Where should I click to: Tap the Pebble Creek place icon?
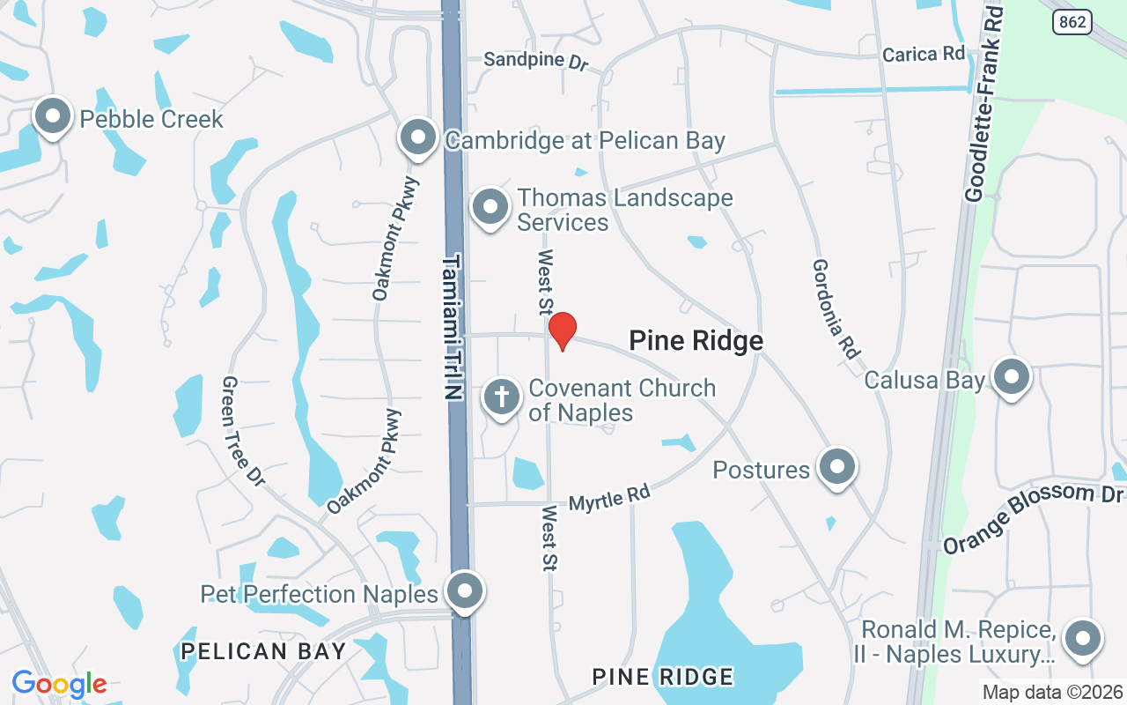(53, 116)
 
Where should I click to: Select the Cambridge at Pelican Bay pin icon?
(418, 137)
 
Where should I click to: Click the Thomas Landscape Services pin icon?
(490, 208)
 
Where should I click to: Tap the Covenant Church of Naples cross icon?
(502, 397)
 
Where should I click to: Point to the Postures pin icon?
(836, 467)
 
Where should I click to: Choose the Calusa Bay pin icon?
(1012, 377)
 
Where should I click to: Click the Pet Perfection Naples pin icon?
(464, 591)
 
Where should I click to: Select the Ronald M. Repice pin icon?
(1083, 639)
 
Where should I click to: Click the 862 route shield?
(1072, 23)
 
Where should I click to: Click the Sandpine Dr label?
(535, 61)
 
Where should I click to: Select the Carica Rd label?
(924, 54)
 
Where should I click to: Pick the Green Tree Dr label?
(243, 430)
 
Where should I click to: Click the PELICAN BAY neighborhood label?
(263, 651)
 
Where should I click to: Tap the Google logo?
(59, 684)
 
